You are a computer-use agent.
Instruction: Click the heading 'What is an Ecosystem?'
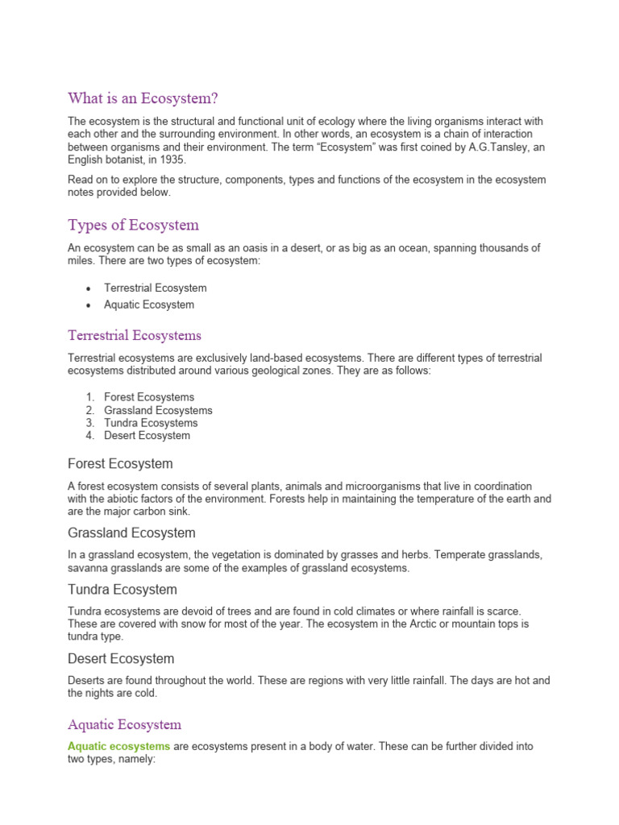[143, 98]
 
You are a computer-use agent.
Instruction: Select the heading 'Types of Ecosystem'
[133, 225]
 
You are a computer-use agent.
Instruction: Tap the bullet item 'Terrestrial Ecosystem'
[155, 288]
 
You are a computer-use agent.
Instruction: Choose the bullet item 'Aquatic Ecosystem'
[149, 305]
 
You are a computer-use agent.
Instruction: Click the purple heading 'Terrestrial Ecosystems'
[135, 335]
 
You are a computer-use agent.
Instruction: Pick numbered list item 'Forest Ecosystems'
[149, 397]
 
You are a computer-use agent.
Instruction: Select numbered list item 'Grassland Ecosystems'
[158, 410]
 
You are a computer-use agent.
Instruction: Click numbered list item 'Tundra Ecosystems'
[151, 423]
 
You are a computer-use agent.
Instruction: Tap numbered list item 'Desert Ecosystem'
[147, 436]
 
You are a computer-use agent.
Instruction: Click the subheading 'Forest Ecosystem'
[120, 464]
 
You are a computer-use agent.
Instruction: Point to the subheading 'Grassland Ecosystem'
[131, 533]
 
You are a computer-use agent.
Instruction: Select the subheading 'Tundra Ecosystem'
[122, 590]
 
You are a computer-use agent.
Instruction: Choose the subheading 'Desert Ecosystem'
[121, 659]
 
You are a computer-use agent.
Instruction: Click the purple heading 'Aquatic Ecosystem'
[125, 725]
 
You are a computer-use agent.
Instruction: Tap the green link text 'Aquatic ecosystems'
[118, 747]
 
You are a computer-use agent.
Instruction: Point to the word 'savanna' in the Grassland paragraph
[87, 568]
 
